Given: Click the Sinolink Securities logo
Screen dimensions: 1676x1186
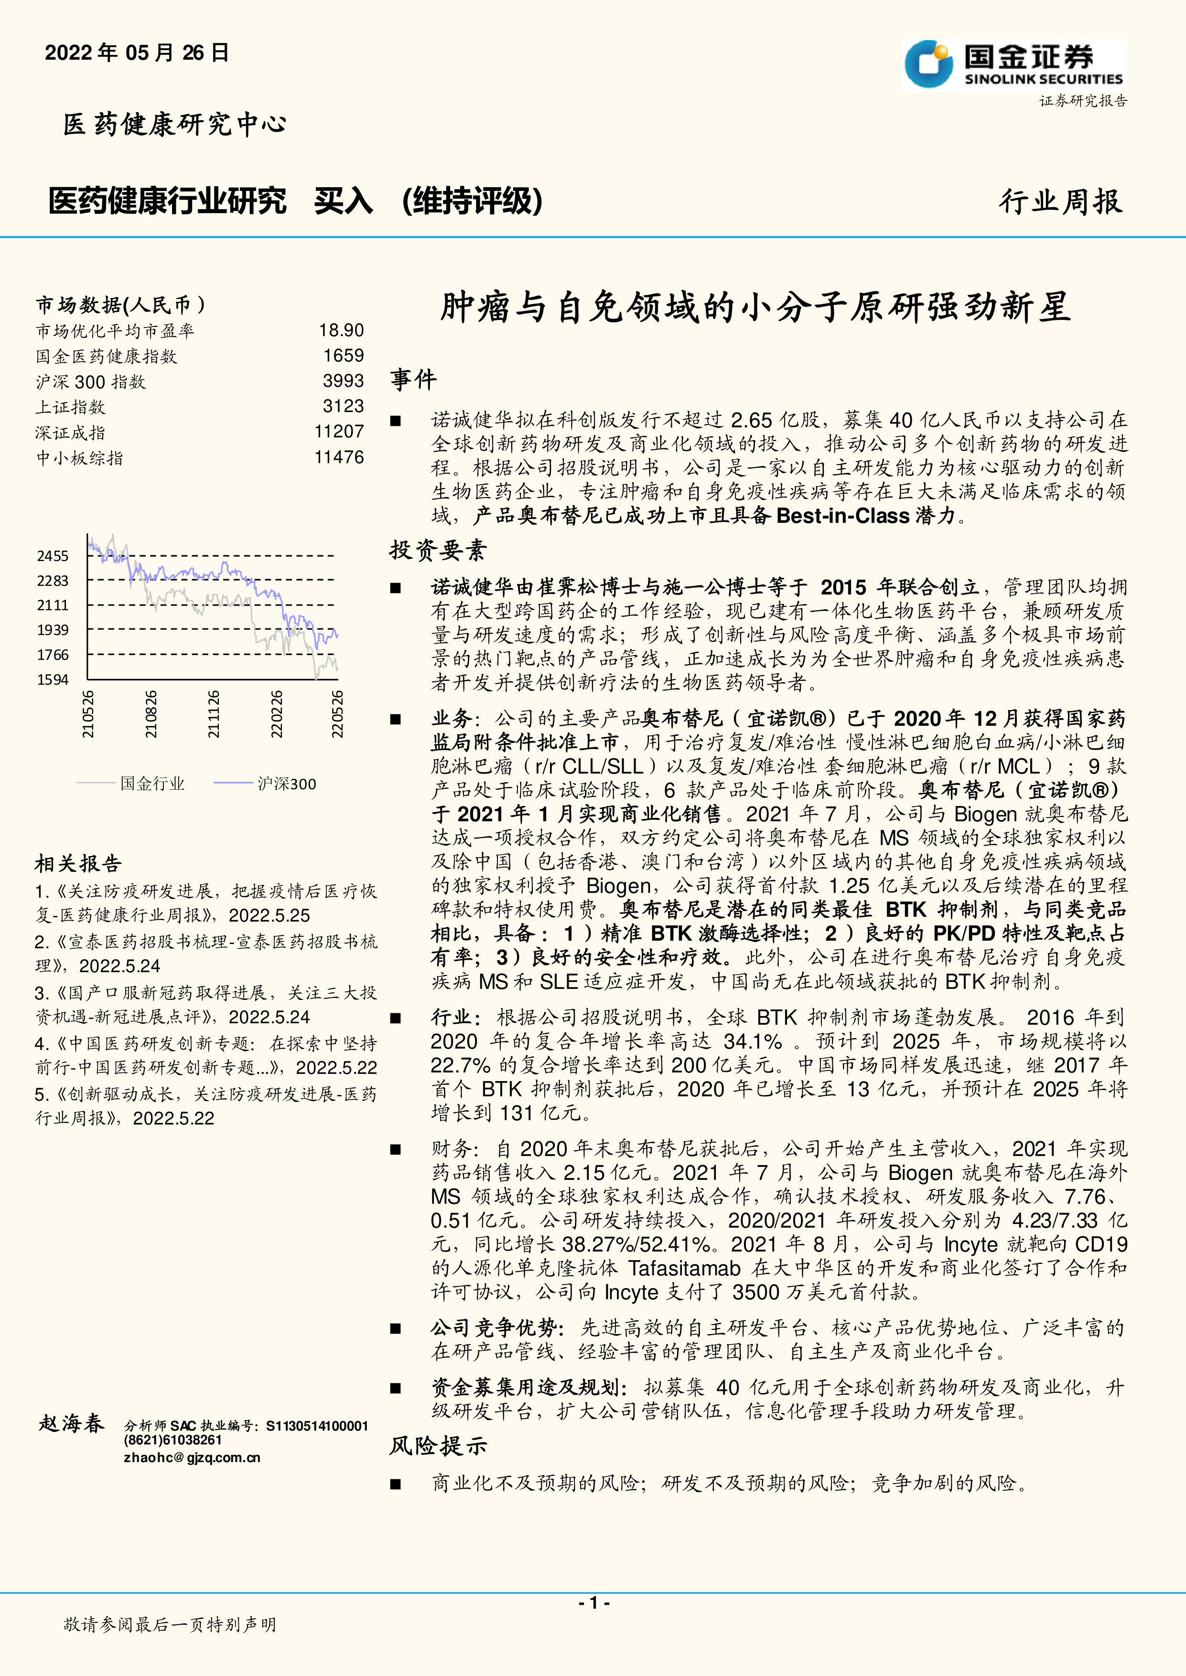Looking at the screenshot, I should pyautogui.click(x=1013, y=65).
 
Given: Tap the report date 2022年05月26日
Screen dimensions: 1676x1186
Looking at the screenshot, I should pyautogui.click(x=137, y=53).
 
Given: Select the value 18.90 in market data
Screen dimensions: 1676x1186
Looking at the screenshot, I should pyautogui.click(x=341, y=331).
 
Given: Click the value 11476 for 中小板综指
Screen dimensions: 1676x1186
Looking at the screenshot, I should pyautogui.click(x=339, y=458).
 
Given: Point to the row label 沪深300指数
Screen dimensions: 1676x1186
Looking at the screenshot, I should pyautogui.click(x=91, y=382).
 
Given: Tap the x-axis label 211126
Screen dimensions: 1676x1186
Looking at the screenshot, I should pyautogui.click(x=213, y=714).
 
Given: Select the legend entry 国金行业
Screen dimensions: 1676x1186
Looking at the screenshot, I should pyautogui.click(x=152, y=784).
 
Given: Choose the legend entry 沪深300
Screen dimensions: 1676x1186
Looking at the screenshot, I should pyautogui.click(x=286, y=784).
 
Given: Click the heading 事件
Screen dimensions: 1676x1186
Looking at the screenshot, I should pyautogui.click(x=413, y=380).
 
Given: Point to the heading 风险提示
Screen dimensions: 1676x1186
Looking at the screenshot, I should pyautogui.click(x=437, y=1445).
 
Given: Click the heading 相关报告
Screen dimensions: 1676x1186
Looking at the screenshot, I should pyautogui.click(x=78, y=864).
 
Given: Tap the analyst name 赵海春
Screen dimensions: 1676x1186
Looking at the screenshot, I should pyautogui.click(x=72, y=1423).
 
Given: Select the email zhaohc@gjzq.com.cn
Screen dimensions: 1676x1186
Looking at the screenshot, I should pyautogui.click(x=191, y=1458).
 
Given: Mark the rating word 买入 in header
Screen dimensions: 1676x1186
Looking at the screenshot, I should pyautogui.click(x=343, y=201).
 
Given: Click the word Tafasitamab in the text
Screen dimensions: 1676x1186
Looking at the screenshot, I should pyautogui.click(x=684, y=1268).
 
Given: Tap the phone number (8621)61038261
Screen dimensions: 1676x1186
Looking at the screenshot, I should pyautogui.click(x=173, y=1440).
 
